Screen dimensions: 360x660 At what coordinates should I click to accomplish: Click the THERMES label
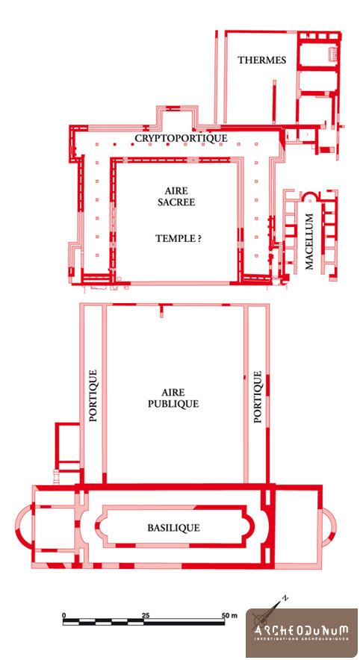click(x=262, y=60)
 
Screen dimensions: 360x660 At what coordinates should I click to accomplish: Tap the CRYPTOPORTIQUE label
click(x=181, y=138)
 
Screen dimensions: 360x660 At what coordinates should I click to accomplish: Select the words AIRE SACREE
click(x=176, y=196)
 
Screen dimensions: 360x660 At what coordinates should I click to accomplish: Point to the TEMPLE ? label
click(x=178, y=239)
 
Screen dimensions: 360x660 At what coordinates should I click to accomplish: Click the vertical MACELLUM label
click(x=309, y=241)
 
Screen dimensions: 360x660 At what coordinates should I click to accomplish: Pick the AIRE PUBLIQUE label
click(x=173, y=398)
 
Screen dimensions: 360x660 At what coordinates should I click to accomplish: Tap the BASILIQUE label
click(x=173, y=527)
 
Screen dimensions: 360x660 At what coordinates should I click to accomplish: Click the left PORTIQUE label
click(x=93, y=396)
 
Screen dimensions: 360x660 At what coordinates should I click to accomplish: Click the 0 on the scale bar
click(x=64, y=615)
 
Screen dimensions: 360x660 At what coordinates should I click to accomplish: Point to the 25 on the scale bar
click(x=146, y=615)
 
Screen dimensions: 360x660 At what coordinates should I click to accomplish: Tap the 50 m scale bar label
click(x=229, y=615)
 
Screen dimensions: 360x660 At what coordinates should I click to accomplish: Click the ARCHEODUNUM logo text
click(x=301, y=630)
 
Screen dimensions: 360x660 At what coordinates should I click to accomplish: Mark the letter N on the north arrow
click(x=285, y=597)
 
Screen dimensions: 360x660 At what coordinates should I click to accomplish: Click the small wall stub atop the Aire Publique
click(x=161, y=311)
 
